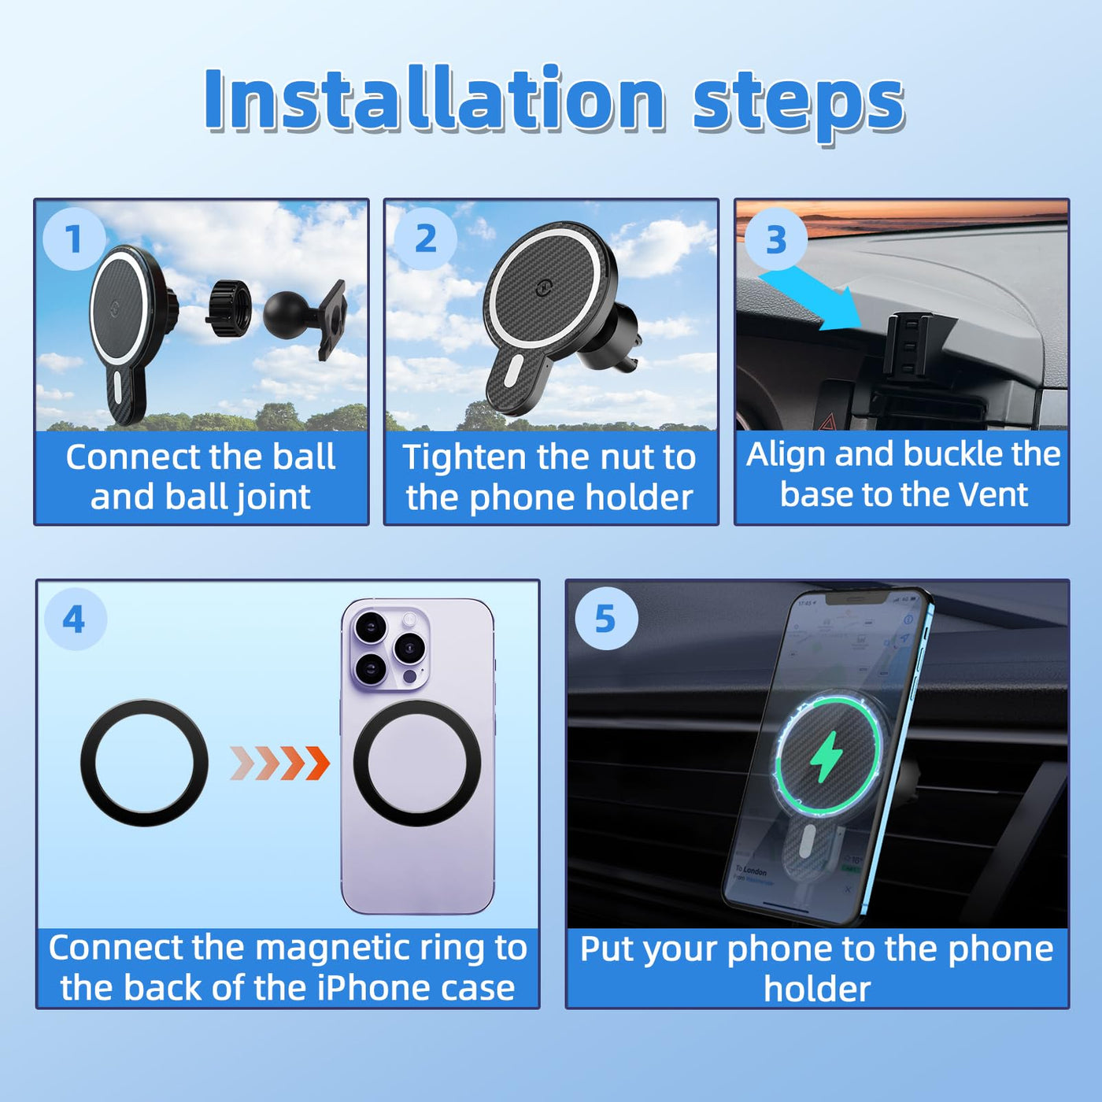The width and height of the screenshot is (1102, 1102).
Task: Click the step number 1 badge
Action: pyautogui.click(x=74, y=238)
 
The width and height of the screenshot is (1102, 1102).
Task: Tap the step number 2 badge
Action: pyautogui.click(x=425, y=238)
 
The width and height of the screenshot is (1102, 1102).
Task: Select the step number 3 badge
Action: pyautogui.click(x=775, y=239)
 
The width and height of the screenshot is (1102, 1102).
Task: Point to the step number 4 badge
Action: pyautogui.click(x=75, y=619)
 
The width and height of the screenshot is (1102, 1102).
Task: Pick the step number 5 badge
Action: pyautogui.click(x=606, y=618)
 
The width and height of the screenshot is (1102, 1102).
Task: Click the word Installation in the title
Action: pyautogui.click(x=435, y=98)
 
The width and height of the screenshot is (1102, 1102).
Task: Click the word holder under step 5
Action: pyautogui.click(x=817, y=989)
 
